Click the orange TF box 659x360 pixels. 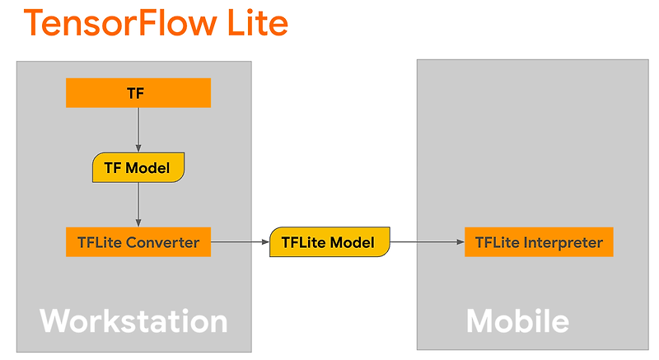pyautogui.click(x=138, y=93)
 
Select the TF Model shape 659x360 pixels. pyautogui.click(x=138, y=168)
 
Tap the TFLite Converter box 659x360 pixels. pyautogui.click(x=138, y=242)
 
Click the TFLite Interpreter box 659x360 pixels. pyautogui.click(x=539, y=243)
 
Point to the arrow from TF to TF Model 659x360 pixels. pyautogui.click(x=138, y=129)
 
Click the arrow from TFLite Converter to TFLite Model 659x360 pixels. pyautogui.click(x=240, y=242)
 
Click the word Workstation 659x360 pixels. pyautogui.click(x=133, y=320)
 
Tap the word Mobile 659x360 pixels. pyautogui.click(x=517, y=320)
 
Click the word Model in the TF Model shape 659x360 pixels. pyautogui.click(x=149, y=168)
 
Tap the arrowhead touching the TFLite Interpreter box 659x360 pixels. pyautogui.click(x=460, y=242)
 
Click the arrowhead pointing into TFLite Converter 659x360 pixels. pyautogui.click(x=138, y=222)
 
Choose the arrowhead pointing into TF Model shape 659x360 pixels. pyautogui.click(x=138, y=147)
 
